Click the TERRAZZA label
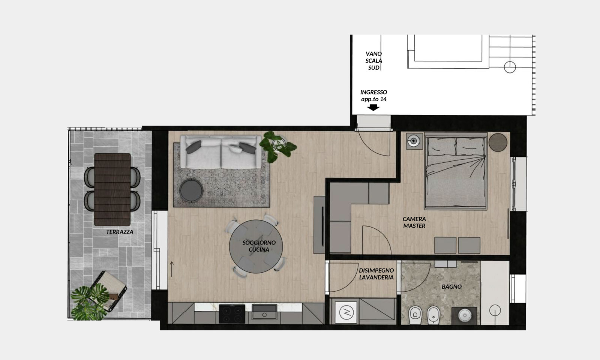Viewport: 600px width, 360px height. click(120, 232)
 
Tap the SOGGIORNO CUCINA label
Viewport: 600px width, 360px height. click(259, 246)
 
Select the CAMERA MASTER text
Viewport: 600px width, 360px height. click(414, 222)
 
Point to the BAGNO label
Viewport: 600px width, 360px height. click(451, 286)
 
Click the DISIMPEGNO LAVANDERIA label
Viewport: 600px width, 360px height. click(376, 274)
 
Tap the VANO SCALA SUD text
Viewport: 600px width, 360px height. click(373, 61)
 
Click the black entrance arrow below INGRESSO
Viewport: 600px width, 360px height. click(373, 107)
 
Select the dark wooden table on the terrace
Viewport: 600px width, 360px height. click(112, 189)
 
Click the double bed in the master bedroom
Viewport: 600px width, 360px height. click(456, 171)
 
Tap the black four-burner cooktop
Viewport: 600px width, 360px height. click(232, 313)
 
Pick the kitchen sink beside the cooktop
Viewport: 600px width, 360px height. click(264, 312)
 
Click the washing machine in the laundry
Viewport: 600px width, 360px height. click(346, 312)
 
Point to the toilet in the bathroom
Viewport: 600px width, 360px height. click(415, 315)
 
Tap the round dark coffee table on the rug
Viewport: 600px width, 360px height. click(191, 190)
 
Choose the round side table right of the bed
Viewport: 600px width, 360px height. click(498, 142)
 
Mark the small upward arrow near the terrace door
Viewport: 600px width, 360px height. click(172, 269)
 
